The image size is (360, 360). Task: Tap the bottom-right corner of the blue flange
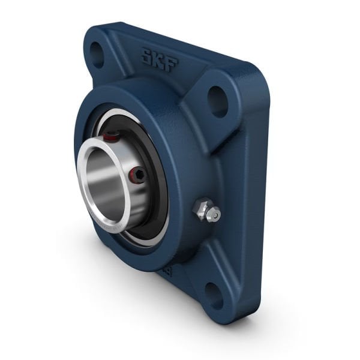[x=240, y=318]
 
